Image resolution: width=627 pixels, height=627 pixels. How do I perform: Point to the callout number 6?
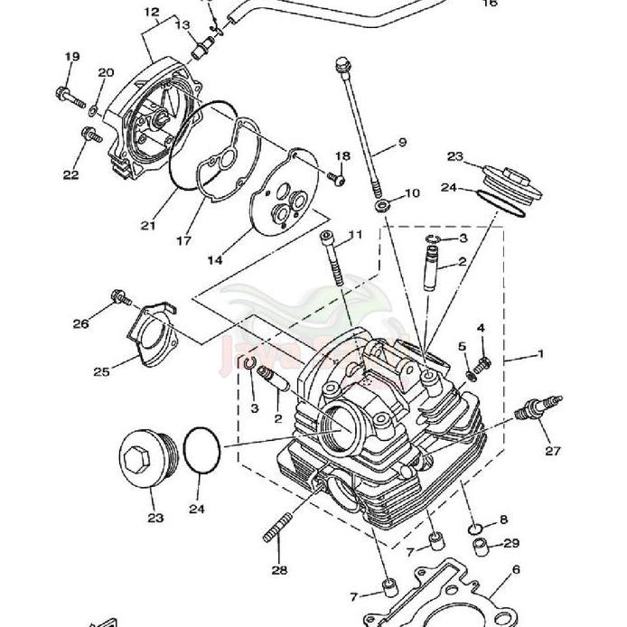click(516, 570)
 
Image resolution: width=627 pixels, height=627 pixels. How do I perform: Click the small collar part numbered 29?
click(485, 545)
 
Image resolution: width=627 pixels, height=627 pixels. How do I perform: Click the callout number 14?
click(215, 260)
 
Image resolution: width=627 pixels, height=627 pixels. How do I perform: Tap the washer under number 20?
click(94, 110)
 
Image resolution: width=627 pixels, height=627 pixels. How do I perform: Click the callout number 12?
click(151, 13)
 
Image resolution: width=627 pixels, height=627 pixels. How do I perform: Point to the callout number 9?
click(402, 143)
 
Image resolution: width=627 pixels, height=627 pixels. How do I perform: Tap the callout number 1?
click(540, 354)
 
